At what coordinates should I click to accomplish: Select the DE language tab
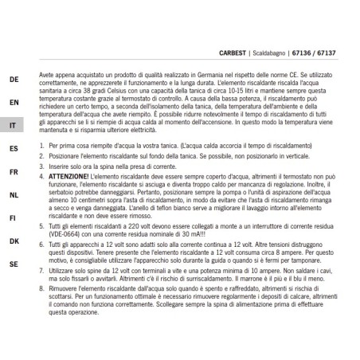point(14,80)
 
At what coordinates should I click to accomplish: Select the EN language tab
point(14,103)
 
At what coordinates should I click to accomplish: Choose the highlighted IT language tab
point(14,126)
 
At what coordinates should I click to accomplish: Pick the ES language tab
point(14,149)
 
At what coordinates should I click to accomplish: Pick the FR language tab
point(14,171)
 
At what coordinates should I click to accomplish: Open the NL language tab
point(14,194)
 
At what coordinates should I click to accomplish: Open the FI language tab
point(14,217)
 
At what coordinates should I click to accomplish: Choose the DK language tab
point(14,240)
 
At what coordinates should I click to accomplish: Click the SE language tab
point(14,263)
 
